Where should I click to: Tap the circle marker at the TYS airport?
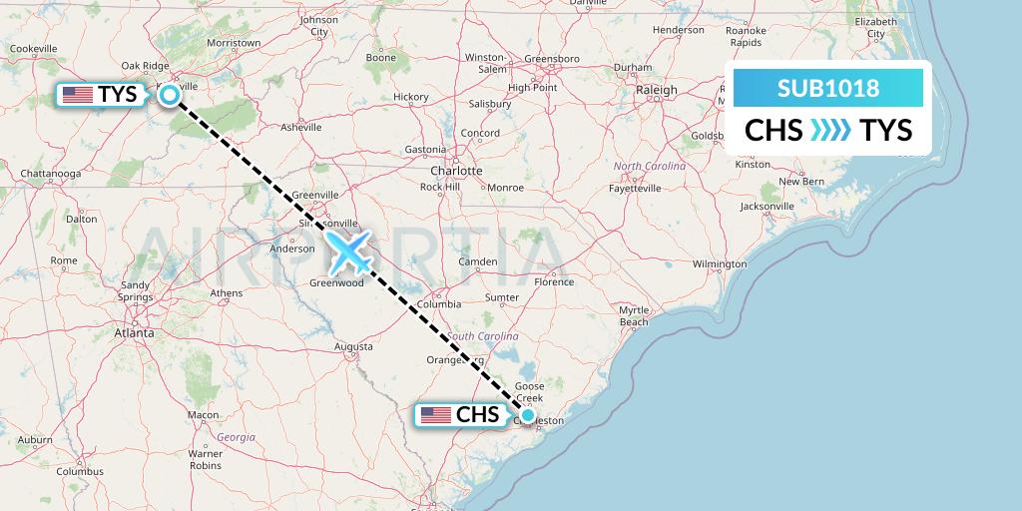(x=170, y=95)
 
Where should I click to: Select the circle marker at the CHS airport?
(x=527, y=415)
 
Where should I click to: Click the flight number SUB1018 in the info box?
(x=828, y=88)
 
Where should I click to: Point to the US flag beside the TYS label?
(x=77, y=95)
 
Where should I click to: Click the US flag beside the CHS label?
(x=436, y=415)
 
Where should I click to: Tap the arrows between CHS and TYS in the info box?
(x=830, y=130)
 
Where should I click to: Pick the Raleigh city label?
(x=657, y=90)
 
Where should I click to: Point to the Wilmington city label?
(x=719, y=263)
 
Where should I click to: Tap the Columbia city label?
(x=439, y=303)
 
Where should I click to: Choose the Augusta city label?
(x=353, y=346)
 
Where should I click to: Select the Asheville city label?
(x=300, y=127)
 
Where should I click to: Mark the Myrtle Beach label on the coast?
(x=634, y=315)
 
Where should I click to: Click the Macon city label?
(x=203, y=414)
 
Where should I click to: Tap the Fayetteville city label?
(x=636, y=188)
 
